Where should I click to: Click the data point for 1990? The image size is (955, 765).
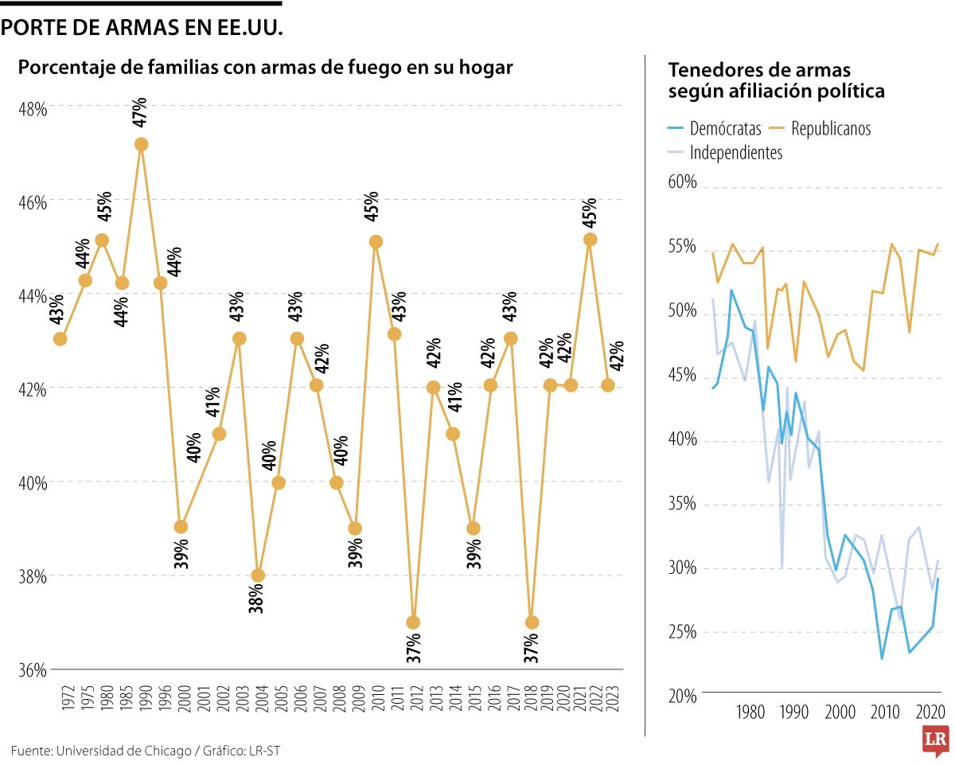142,144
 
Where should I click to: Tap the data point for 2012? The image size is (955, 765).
413,622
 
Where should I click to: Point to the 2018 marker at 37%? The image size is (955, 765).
532,622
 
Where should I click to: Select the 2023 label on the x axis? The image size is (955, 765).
609,698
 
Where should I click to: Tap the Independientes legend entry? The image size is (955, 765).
736,153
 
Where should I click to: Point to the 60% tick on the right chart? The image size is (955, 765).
682,183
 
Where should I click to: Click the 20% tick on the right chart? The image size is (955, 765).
682,697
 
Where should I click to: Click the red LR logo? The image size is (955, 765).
935,741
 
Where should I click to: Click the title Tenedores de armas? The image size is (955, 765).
759,69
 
